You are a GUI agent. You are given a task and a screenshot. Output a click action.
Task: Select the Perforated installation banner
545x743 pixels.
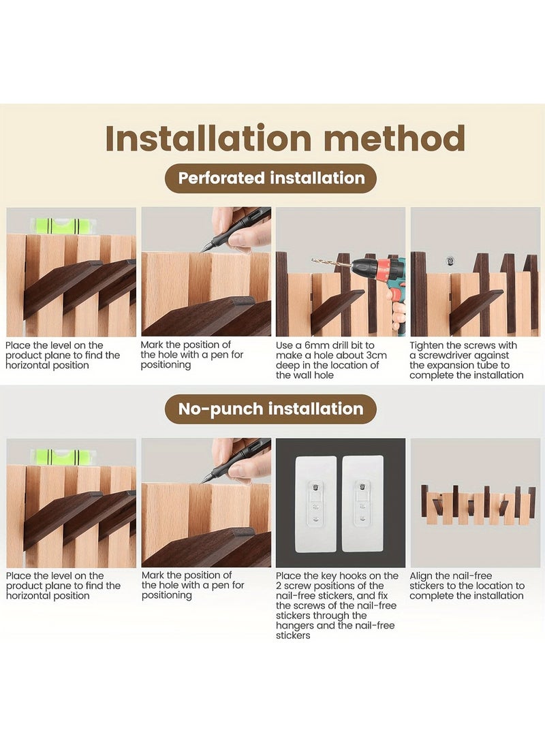point(270,178)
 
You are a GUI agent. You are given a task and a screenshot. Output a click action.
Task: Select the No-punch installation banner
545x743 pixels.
point(270,409)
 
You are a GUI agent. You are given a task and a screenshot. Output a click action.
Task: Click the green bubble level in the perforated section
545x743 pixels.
point(62,225)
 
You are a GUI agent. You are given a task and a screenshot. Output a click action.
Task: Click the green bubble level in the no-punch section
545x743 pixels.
point(62,456)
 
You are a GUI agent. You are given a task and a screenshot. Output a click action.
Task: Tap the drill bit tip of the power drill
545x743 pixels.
point(313,260)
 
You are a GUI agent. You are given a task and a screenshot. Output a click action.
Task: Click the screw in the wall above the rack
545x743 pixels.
point(449,261)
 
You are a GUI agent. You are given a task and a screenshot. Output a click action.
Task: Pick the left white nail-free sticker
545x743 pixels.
point(315,504)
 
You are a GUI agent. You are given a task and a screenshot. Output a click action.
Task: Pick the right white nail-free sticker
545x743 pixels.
point(362,504)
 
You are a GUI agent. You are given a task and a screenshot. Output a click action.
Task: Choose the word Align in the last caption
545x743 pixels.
point(422,575)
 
